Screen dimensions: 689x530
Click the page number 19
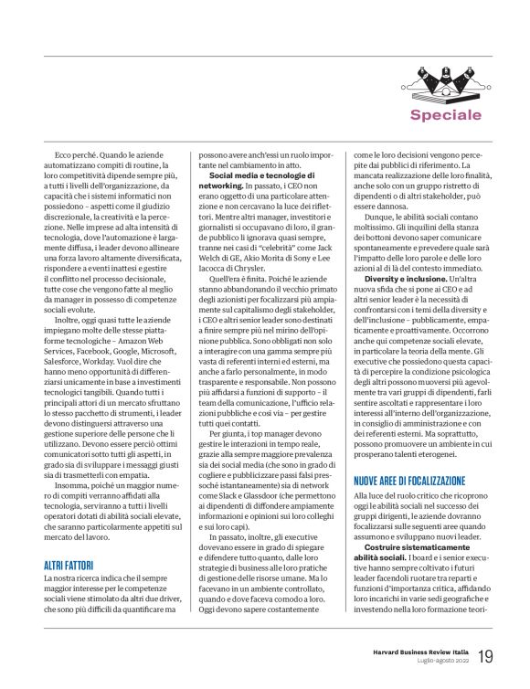tap(485, 655)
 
